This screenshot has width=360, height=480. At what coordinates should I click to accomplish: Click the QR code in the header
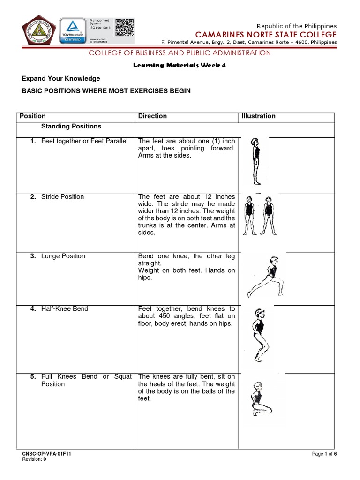click(124, 27)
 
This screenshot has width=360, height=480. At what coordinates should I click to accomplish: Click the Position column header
click(32, 116)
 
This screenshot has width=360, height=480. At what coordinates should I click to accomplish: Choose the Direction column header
click(152, 116)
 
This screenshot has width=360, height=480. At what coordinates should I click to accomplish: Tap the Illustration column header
click(258, 116)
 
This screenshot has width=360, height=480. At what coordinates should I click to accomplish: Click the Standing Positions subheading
click(71, 127)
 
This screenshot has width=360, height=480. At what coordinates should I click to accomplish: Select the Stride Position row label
click(62, 197)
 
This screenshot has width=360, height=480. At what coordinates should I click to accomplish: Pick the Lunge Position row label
click(63, 256)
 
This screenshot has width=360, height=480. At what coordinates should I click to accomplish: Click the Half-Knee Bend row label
click(65, 309)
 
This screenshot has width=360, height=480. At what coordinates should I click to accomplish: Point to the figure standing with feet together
click(255, 162)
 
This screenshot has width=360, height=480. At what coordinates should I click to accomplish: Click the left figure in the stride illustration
click(248, 214)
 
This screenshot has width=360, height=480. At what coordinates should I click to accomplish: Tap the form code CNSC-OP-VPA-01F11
click(47, 454)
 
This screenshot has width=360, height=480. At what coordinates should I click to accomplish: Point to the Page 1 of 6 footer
click(321, 454)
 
